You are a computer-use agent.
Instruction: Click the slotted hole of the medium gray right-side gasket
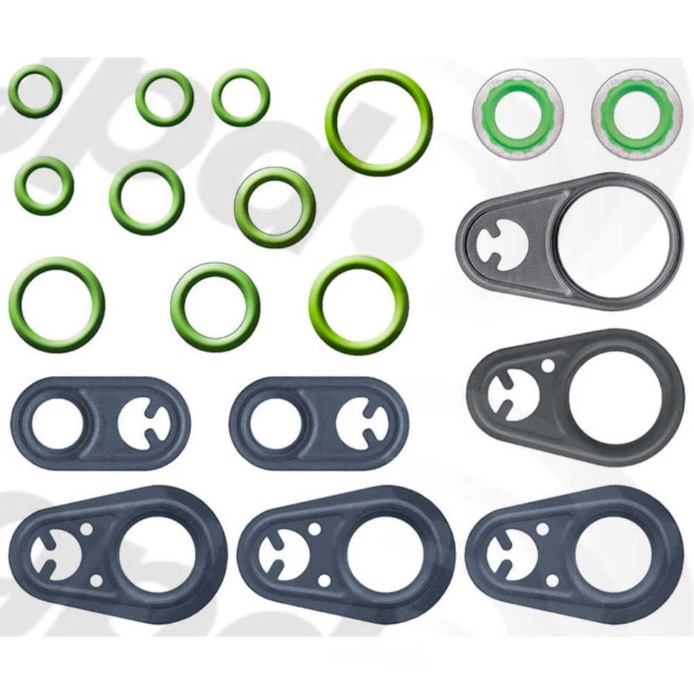(x=512, y=394)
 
